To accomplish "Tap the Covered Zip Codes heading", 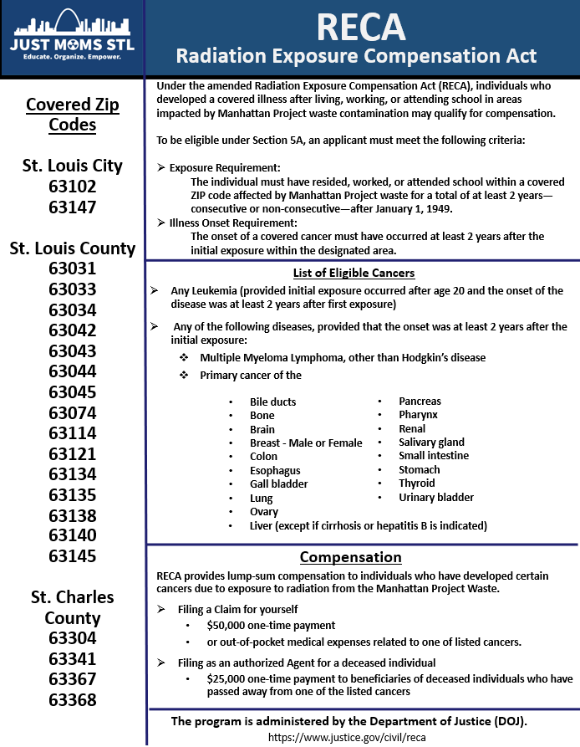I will coord(72,115).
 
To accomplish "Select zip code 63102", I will coord(72,187).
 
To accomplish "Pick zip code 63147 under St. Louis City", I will coord(72,207).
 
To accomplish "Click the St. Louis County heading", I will coord(72,248).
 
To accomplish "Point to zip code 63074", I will coord(72,412).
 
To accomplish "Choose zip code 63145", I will coord(72,556).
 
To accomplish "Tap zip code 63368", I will coord(72,700).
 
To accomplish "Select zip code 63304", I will coord(72,638).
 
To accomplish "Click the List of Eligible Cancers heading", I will coord(354,273).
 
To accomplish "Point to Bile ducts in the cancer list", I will coord(272,402).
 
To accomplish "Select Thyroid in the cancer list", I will coord(417,484).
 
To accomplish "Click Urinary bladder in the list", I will coord(436,498).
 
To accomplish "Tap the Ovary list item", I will coord(264,512).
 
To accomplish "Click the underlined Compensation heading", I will coord(350,557).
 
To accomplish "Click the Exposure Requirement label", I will coord(224,168).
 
